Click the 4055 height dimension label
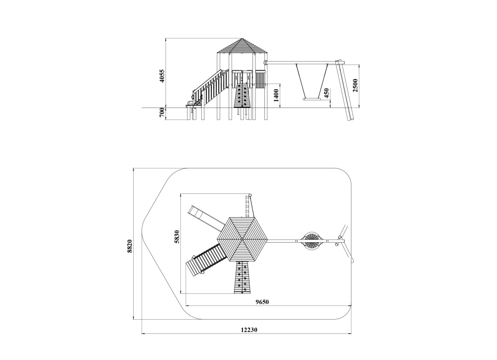(162, 76)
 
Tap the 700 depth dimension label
(162, 113)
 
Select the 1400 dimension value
(276, 95)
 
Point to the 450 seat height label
(327, 93)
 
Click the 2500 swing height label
(355, 86)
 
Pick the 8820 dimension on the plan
(130, 246)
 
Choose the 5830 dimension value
(177, 237)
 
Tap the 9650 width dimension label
(262, 302)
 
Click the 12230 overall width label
(249, 330)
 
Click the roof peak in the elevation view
(243, 39)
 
